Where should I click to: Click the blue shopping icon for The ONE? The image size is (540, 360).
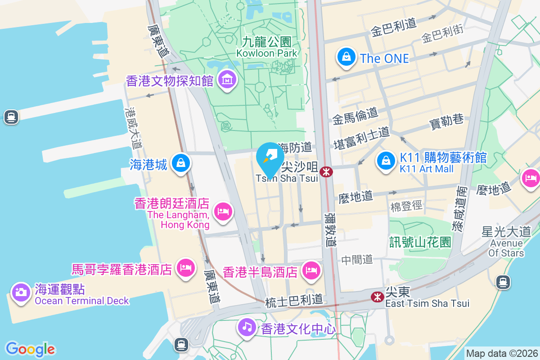coord(346,58)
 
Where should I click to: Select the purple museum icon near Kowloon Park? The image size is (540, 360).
coord(227,80)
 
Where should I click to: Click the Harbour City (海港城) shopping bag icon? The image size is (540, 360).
coord(181,163)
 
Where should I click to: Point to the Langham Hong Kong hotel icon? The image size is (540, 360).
coord(223,211)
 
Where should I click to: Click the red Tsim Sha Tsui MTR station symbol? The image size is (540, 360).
coord(326,171)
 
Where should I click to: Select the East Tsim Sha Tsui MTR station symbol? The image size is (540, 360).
coord(376,297)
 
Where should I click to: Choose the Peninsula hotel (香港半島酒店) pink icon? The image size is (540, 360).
coord(310,270)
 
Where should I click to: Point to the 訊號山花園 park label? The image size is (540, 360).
coord(420,243)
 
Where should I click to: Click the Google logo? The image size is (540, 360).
coord(30,349)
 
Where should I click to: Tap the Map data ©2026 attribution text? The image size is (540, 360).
coord(502,353)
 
